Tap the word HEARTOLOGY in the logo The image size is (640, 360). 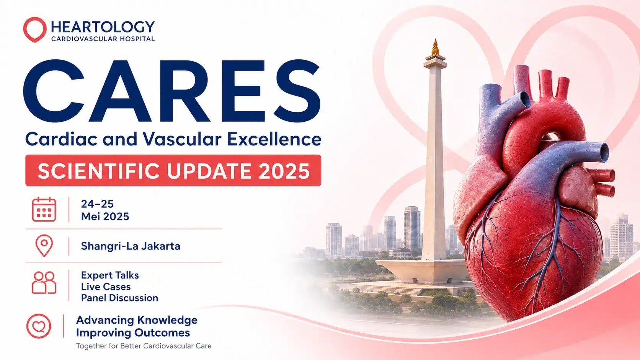click(x=103, y=27)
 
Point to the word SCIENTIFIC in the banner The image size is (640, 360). click(x=99, y=171)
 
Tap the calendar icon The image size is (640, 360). click(x=44, y=210)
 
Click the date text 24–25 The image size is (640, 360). click(x=97, y=204)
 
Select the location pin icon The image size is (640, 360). click(x=44, y=246)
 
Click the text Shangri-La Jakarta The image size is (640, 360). click(x=131, y=246)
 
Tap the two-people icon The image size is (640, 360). click(x=44, y=282)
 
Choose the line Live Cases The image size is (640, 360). click(x=106, y=287)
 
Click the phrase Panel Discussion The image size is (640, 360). click(x=119, y=298)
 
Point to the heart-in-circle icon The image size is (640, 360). click(x=39, y=326)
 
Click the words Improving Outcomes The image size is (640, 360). click(x=133, y=333)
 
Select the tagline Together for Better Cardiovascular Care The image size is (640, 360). click(x=144, y=346)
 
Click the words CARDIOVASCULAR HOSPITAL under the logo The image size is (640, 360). click(x=103, y=39)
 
